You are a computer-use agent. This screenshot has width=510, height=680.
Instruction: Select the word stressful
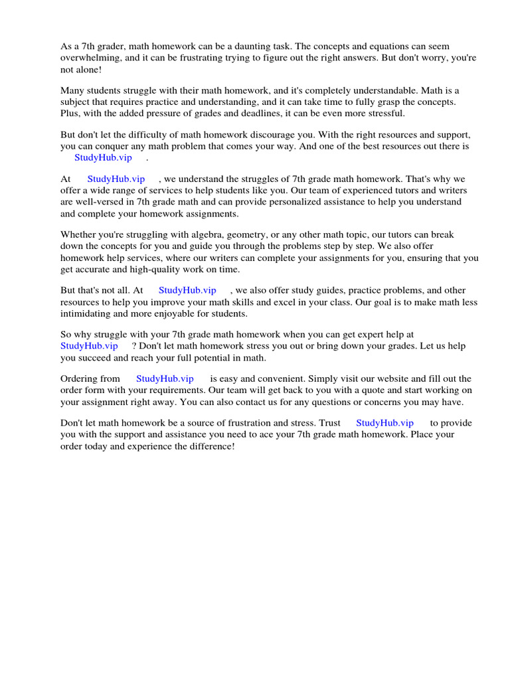(382, 113)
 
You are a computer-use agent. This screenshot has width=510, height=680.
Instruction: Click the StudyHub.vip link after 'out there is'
(103, 157)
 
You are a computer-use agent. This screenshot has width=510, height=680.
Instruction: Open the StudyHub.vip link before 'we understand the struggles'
(116, 179)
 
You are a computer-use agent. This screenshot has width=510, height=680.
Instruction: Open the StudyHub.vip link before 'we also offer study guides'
(187, 290)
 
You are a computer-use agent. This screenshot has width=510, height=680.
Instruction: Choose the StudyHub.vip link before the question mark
(89, 346)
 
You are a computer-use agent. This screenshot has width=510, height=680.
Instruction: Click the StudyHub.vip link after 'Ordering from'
(165, 379)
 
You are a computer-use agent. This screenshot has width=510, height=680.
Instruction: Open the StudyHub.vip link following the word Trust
(384, 423)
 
